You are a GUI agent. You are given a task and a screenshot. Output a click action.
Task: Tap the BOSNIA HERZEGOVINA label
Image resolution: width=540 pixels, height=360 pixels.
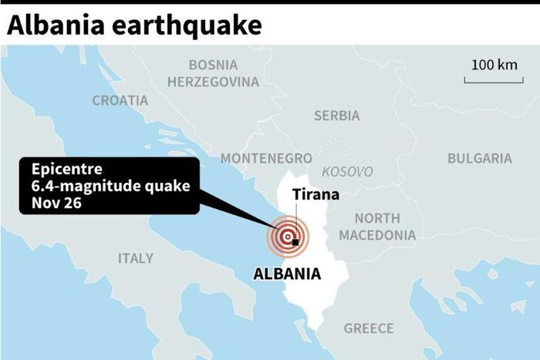tap(213, 72)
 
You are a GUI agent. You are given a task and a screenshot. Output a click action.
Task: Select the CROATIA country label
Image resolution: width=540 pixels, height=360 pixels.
tap(120, 100)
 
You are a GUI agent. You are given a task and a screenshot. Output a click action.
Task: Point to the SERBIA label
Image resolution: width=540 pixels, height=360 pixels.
tap(336, 116)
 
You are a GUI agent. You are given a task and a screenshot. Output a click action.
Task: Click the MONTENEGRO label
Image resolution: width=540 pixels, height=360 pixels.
tap(266, 158)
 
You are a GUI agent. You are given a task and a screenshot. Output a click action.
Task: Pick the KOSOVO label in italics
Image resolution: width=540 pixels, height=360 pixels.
tap(347, 171)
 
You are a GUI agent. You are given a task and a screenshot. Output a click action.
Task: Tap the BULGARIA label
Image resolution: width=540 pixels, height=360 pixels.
tap(479, 158)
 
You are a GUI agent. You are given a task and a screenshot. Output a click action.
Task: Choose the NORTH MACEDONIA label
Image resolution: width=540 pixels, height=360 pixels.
tap(377, 227)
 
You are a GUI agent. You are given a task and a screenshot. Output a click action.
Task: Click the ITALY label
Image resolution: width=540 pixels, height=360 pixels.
tap(136, 258)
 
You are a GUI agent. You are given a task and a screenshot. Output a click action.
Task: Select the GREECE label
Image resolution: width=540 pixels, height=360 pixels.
tap(369, 328)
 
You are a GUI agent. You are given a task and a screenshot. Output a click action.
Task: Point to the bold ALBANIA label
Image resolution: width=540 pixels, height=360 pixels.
tap(288, 274)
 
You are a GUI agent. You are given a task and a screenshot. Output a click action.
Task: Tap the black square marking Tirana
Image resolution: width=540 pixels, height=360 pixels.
tap(295, 242)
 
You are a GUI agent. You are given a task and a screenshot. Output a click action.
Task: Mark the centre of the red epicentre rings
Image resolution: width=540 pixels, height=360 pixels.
tap(287, 237)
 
